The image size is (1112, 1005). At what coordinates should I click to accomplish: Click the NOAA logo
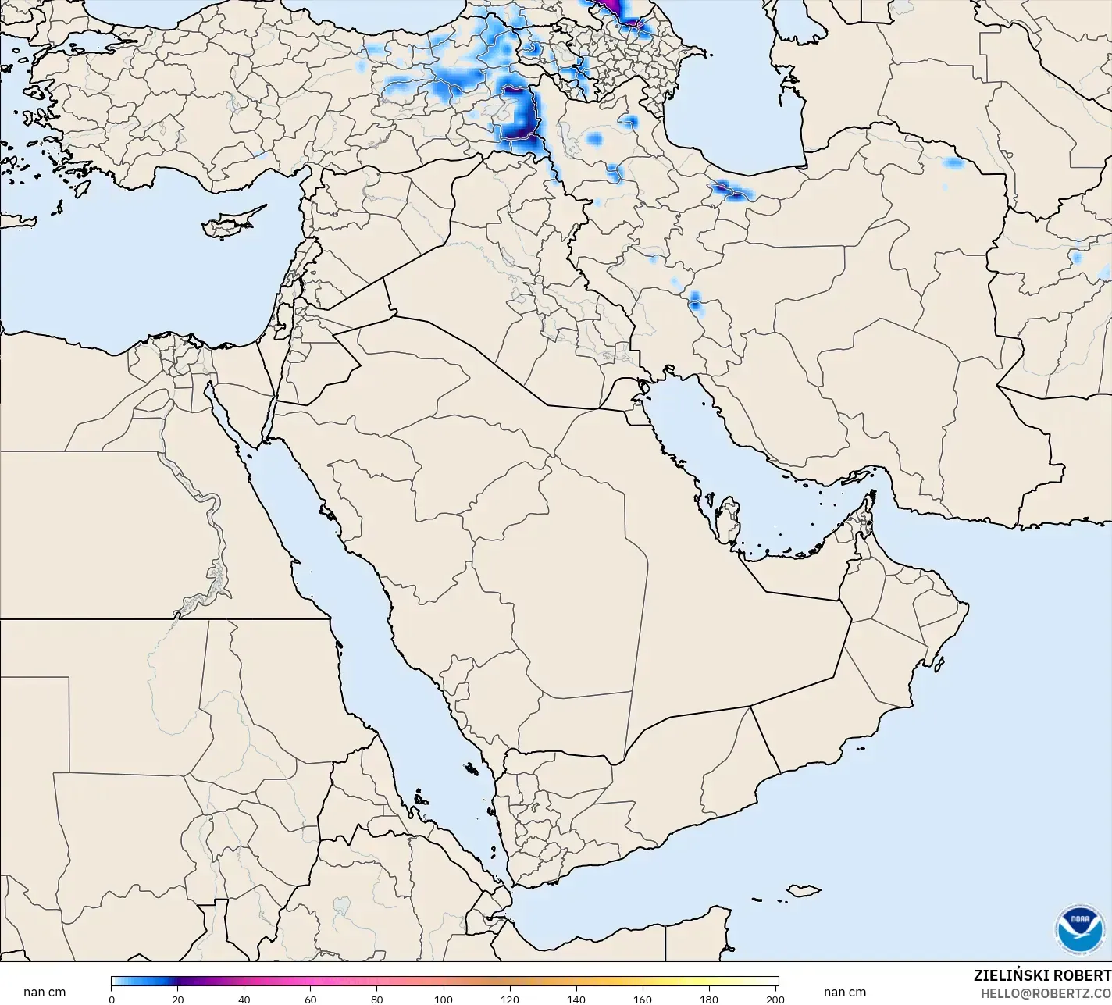point(1080,928)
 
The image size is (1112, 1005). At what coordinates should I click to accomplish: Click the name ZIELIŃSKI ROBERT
point(1042,976)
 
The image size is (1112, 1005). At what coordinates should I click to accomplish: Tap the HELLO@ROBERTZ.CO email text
point(1046,993)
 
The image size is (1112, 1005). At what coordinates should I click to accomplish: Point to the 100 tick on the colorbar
point(444,1000)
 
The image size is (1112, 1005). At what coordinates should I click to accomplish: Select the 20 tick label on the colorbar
point(178,1000)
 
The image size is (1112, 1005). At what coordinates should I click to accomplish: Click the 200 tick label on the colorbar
point(775,1000)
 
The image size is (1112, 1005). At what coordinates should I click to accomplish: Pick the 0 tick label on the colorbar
point(112,1000)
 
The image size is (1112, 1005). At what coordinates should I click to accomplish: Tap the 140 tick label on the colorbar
point(576,1000)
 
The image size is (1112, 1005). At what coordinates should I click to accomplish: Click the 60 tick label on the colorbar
point(311,1000)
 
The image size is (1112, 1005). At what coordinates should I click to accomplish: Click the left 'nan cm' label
point(45,993)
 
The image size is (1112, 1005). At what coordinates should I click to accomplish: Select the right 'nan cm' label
point(844,993)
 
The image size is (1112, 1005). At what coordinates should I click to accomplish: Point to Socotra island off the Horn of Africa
point(802,891)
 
